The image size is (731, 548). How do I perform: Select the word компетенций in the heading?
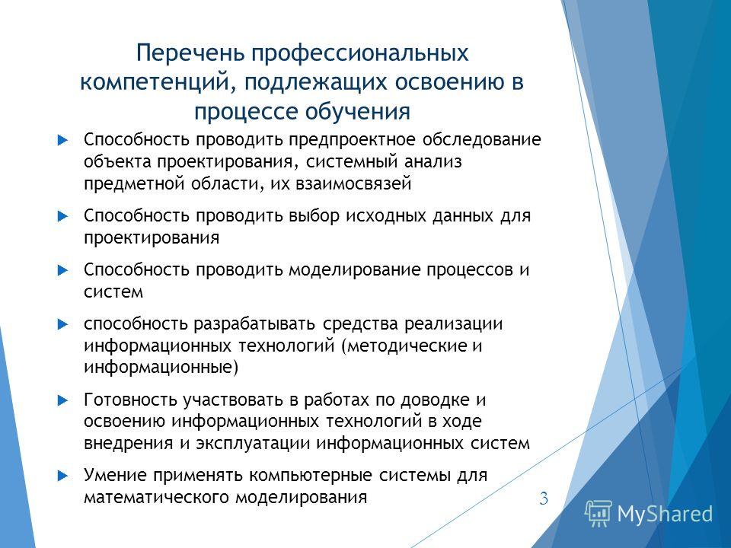(x=158, y=82)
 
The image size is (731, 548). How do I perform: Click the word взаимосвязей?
(x=353, y=183)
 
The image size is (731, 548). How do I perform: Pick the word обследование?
(x=482, y=139)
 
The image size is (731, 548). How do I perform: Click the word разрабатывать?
(x=254, y=324)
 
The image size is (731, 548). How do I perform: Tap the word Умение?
(x=113, y=475)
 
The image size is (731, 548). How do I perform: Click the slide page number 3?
(x=544, y=499)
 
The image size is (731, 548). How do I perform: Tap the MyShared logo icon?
(x=599, y=514)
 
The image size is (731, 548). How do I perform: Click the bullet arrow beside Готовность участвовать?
(x=63, y=400)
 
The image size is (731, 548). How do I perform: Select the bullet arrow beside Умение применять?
(x=63, y=476)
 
